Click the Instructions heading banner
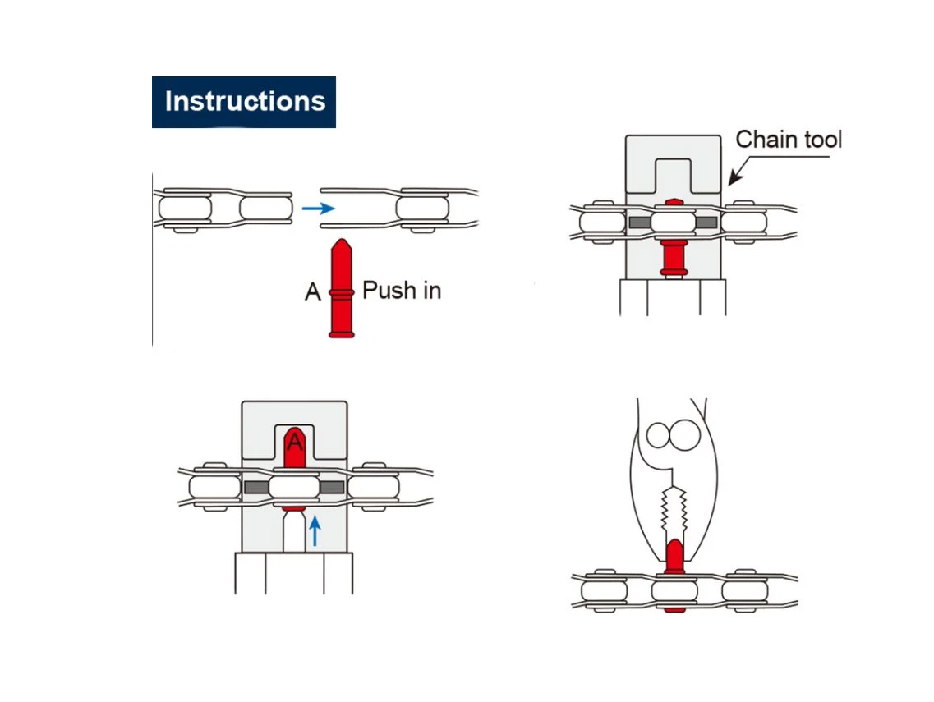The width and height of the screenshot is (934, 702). point(244,102)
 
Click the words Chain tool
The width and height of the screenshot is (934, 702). point(789,140)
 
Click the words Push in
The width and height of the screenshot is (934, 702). point(402,291)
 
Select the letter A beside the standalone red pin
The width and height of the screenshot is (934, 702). point(313,292)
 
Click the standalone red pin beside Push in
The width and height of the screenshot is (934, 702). point(341,289)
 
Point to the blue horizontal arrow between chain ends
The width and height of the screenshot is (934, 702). point(318,209)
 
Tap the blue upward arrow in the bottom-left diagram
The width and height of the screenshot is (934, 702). point(315,531)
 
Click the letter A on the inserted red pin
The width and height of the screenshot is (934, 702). point(295,443)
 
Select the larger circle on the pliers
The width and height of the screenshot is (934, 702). point(685,434)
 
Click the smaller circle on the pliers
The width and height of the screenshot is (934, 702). point(658,435)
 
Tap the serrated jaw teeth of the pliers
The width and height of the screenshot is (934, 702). point(674,510)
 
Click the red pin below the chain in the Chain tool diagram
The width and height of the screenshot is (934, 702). point(674,258)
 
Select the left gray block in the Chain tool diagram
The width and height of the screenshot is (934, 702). point(640,223)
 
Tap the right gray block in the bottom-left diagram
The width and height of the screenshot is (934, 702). point(332,488)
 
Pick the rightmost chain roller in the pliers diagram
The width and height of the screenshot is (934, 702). point(744,591)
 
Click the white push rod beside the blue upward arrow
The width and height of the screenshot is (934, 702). point(294,533)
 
